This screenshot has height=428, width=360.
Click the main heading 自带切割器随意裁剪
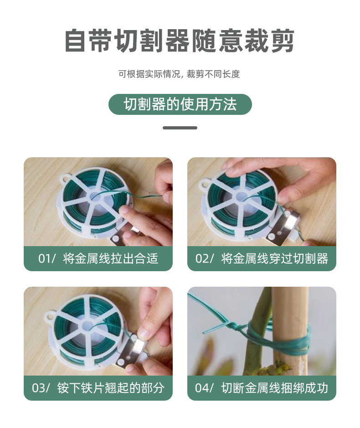click(x=180, y=41)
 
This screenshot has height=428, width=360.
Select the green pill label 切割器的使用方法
click(x=180, y=104)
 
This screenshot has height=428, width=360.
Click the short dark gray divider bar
click(x=180, y=128)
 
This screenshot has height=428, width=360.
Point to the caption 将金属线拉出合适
click(x=111, y=259)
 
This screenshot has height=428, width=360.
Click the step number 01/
click(x=46, y=259)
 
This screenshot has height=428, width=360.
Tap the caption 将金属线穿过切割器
click(x=274, y=259)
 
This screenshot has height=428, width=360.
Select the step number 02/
click(x=205, y=259)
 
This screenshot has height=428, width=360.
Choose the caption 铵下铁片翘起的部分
click(x=111, y=388)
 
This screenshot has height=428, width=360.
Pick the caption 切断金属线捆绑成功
click(x=274, y=388)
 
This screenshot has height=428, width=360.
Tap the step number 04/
click(x=205, y=388)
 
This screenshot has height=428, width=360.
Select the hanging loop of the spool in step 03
click(x=49, y=316)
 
